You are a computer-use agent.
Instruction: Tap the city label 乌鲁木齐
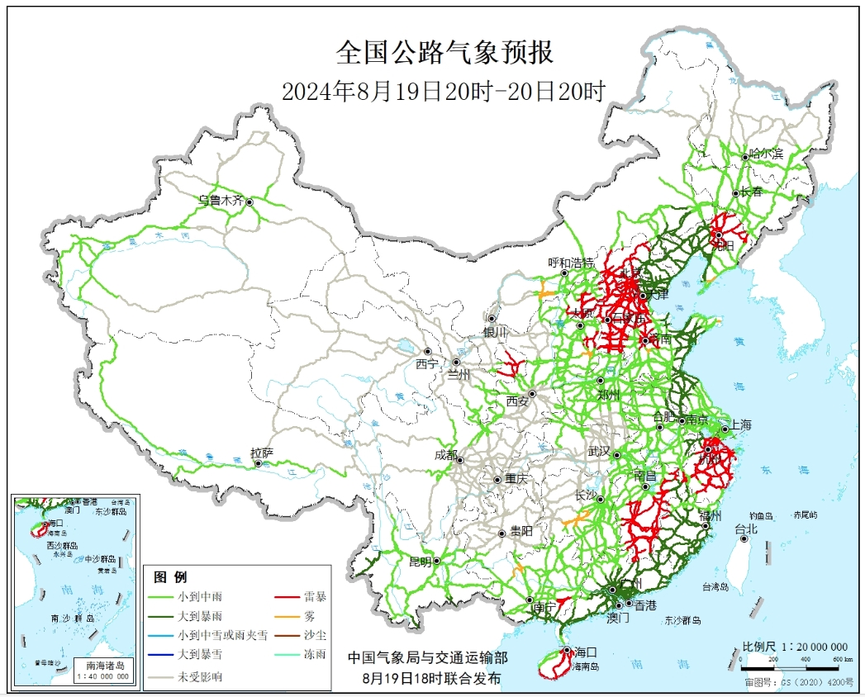point(221,200)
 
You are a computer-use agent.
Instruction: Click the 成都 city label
point(444,453)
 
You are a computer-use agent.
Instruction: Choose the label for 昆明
point(420,562)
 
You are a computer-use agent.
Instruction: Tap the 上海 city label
point(740,425)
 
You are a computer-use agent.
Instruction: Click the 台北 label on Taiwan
point(745,529)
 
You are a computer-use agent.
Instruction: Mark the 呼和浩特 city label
point(571,263)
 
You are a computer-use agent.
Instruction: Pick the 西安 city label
point(517,401)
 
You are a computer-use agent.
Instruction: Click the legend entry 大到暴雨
point(199,616)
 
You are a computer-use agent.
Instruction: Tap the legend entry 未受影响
point(199,676)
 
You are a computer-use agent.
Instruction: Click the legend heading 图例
point(171,576)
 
